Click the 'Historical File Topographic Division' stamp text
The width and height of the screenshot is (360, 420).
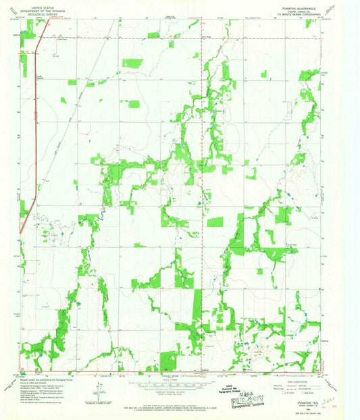click(x=234, y=392)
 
